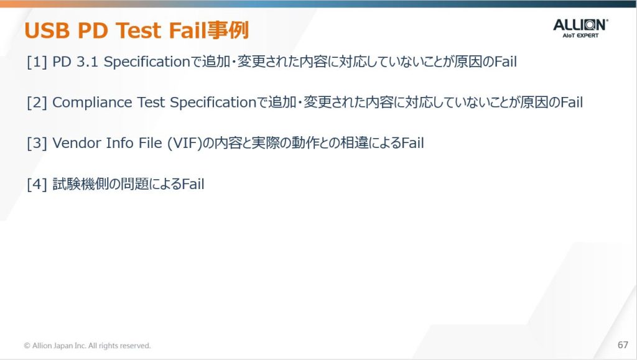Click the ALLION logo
580,28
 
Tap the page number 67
623,345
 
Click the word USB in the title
47,30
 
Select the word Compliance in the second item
92,103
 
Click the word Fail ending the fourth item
193,184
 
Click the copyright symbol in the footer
27,346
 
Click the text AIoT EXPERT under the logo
580,35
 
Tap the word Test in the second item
151,103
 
